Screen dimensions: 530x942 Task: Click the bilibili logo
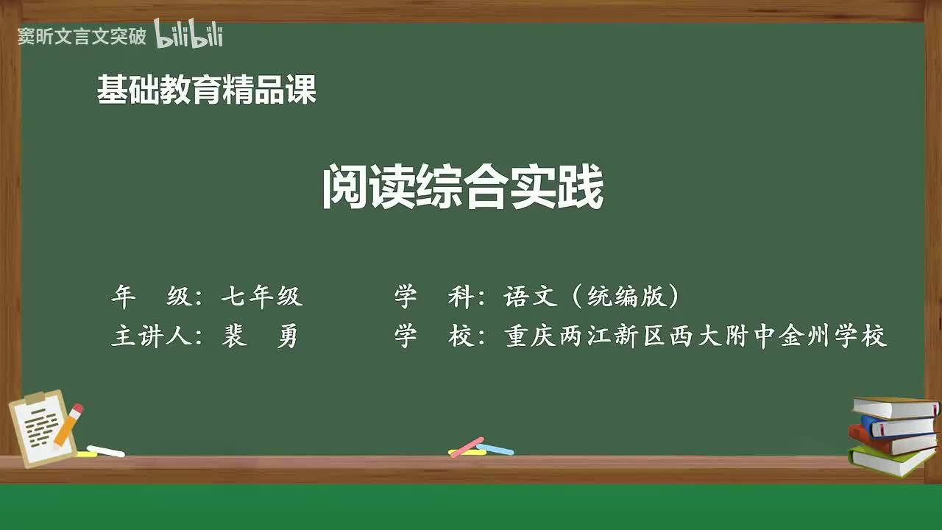[188, 35]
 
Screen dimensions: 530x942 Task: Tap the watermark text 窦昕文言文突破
[82, 36]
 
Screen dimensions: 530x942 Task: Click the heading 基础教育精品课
[207, 90]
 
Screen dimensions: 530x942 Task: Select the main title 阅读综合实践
[463, 188]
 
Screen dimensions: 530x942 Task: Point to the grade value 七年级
[262, 297]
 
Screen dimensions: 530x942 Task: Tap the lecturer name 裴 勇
[260, 336]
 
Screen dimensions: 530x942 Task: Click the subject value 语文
[531, 297]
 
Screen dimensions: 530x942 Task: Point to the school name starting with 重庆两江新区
[695, 336]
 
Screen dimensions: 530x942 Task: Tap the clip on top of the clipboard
[35, 399]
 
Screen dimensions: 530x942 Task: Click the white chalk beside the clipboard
[105, 451]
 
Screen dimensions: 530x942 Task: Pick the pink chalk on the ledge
[466, 446]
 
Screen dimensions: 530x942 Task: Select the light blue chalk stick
[495, 448]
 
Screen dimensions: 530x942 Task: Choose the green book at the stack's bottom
[890, 462]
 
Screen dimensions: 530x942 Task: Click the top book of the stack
[894, 406]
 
